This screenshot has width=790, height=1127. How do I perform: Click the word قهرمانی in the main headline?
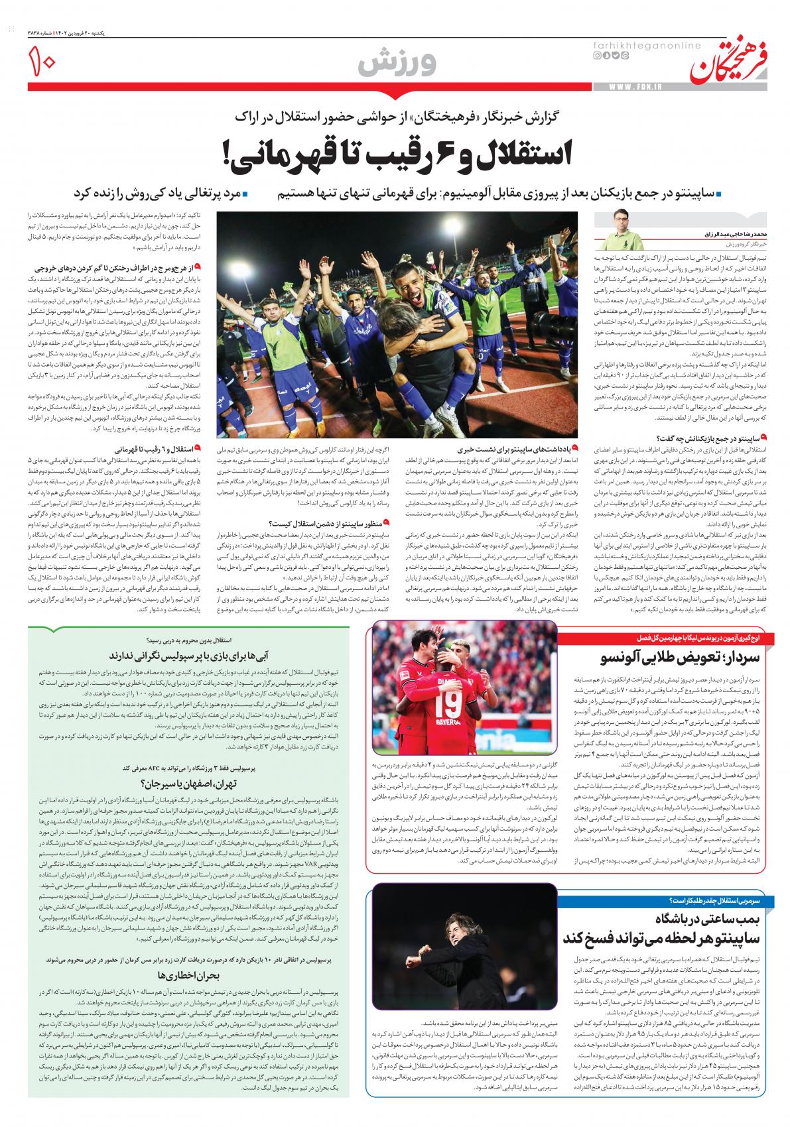pyautogui.click(x=292, y=153)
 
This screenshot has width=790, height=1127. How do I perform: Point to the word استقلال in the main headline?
pyautogui.click(x=511, y=153)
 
